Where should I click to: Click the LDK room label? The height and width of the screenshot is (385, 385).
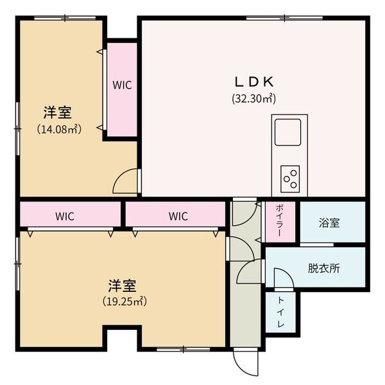pyautogui.click(x=254, y=82)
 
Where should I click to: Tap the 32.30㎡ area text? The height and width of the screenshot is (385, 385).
pyautogui.click(x=254, y=98)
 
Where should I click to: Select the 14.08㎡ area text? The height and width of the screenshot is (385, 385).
pyautogui.click(x=59, y=129)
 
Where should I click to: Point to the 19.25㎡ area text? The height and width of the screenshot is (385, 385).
pyautogui.click(x=124, y=301)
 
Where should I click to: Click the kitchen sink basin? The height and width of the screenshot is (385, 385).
pyautogui.click(x=287, y=132)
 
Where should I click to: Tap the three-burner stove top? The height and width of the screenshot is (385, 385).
pyautogui.click(x=290, y=179)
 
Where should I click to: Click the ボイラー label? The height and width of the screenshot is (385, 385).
pyautogui.click(x=279, y=221)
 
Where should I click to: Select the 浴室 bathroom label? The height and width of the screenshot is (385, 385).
pyautogui.click(x=329, y=223)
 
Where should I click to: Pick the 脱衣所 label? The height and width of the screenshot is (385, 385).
pyautogui.click(x=324, y=268)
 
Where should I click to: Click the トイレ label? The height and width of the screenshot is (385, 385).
pyautogui.click(x=280, y=312)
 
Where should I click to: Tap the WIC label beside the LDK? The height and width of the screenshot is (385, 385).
pyautogui.click(x=122, y=85)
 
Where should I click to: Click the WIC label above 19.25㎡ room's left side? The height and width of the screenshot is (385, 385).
pyautogui.click(x=65, y=216)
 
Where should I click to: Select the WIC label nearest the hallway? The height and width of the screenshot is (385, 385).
pyautogui.click(x=178, y=216)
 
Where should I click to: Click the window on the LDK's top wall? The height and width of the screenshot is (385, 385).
pyautogui.click(x=284, y=18)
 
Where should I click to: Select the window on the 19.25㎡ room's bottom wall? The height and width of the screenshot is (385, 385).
pyautogui.click(x=183, y=349)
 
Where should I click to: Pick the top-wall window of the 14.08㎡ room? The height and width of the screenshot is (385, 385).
pyautogui.click(x=65, y=18)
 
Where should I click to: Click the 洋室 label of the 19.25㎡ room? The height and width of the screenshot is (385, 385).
pyautogui.click(x=123, y=286)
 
